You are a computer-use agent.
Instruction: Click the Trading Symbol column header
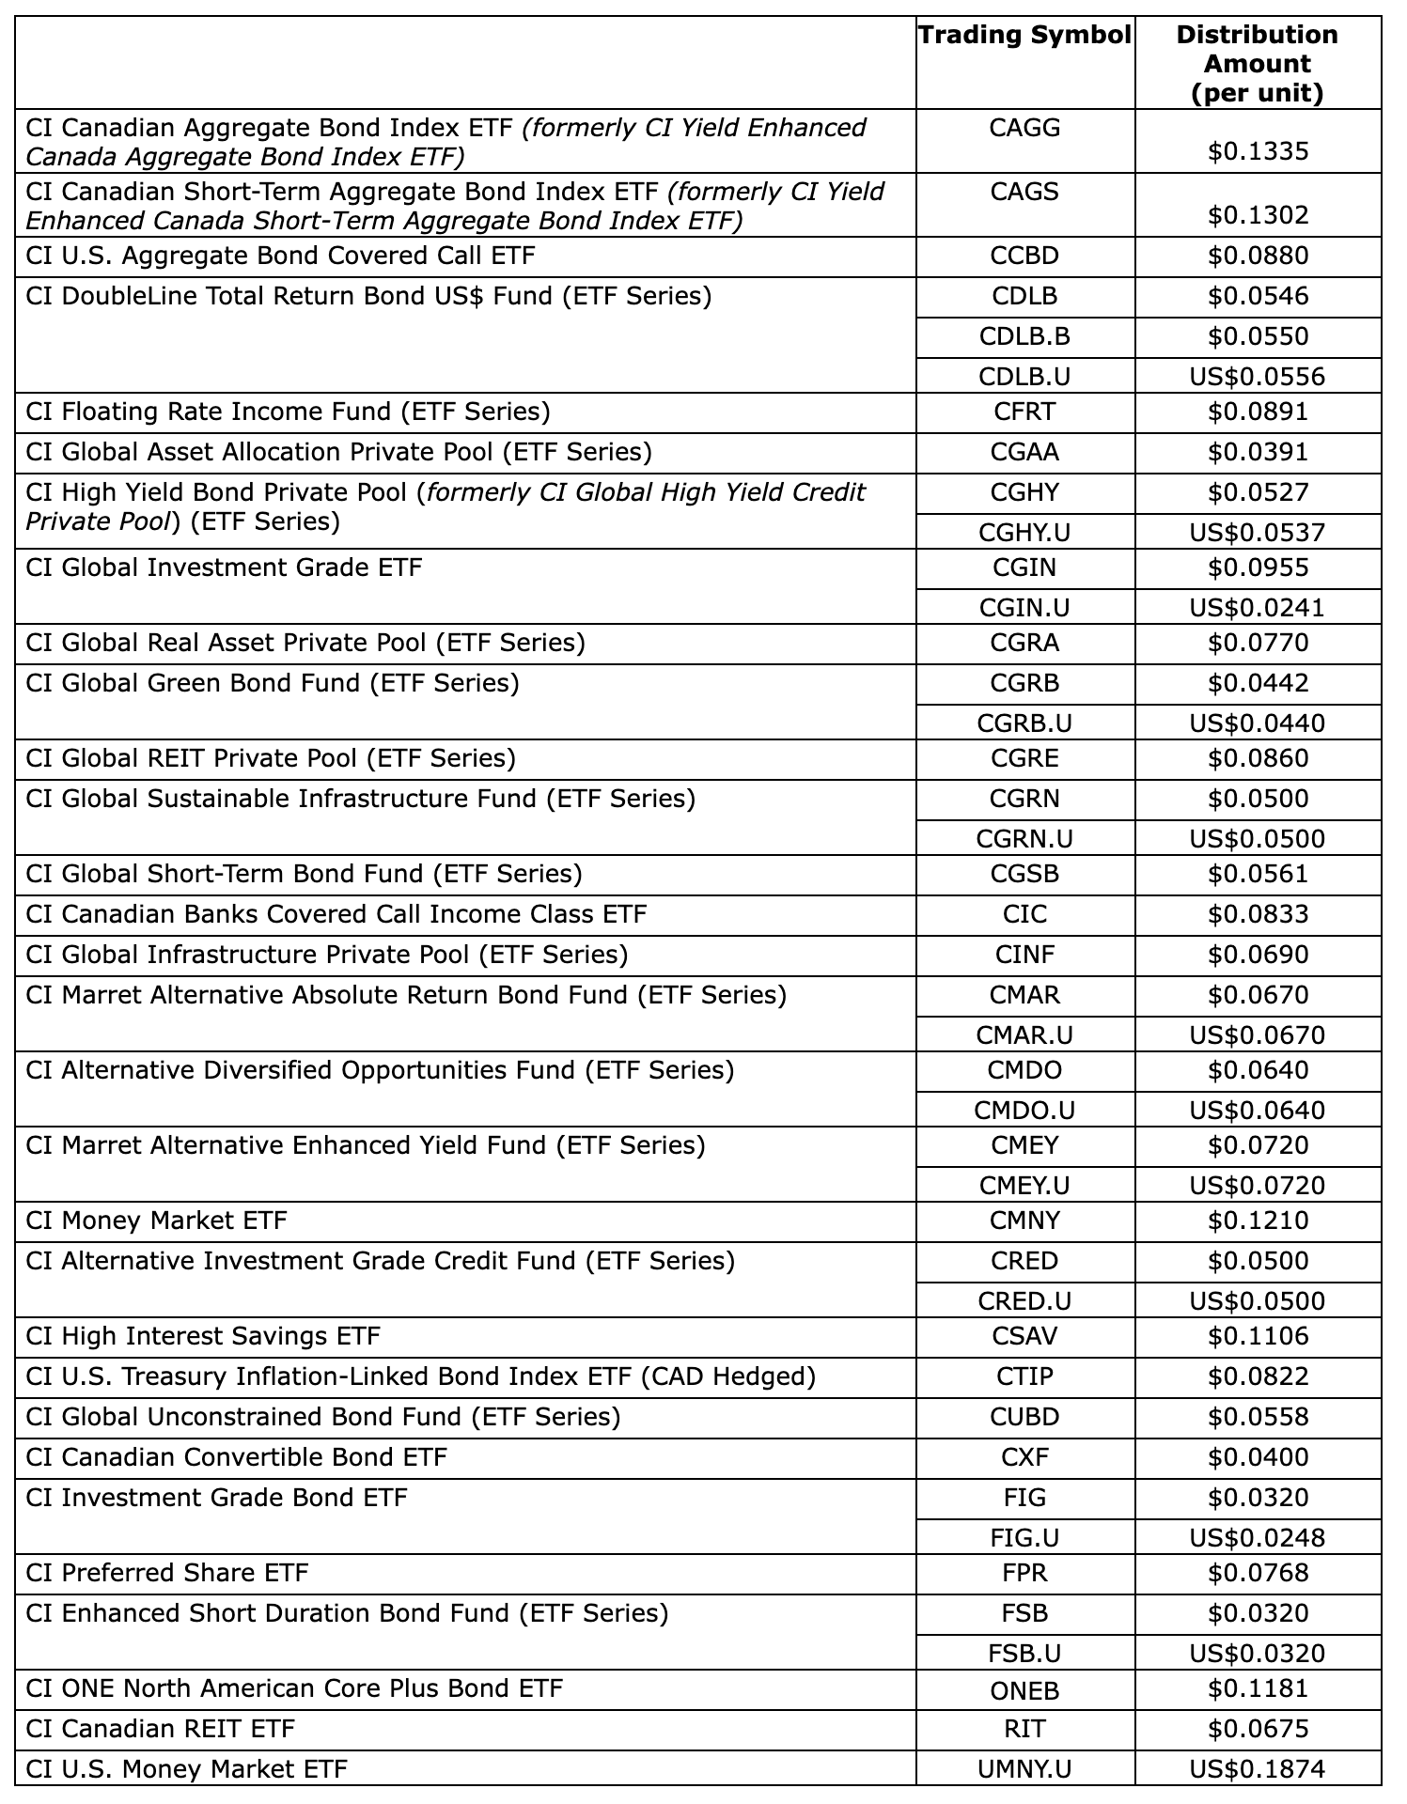[1024, 36]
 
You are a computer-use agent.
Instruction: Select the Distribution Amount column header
[1257, 64]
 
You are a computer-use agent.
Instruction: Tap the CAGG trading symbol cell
[1024, 128]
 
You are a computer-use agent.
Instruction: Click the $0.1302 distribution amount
[1258, 215]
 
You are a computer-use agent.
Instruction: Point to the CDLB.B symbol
[1024, 336]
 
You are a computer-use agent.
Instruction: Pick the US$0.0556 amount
[1257, 377]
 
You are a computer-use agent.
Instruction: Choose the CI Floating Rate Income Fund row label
[288, 412]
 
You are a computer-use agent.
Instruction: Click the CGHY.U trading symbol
[1024, 533]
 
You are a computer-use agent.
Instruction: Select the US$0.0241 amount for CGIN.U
[1257, 608]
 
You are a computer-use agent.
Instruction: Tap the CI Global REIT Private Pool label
[271, 758]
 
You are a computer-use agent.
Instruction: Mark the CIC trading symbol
[1024, 914]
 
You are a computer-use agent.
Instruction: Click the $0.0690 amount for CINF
[1258, 955]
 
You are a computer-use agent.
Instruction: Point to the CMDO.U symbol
[1024, 1111]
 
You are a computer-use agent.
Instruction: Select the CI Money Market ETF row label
[156, 1221]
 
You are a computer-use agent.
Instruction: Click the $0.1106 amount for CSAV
[1258, 1336]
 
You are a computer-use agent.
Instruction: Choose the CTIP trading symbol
[1024, 1376]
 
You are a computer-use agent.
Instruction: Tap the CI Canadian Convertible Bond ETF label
[236, 1457]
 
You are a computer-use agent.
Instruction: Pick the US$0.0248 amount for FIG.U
[1257, 1538]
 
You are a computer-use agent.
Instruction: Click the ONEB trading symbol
[1024, 1690]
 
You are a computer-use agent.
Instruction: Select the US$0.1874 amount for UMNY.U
[1257, 1770]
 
